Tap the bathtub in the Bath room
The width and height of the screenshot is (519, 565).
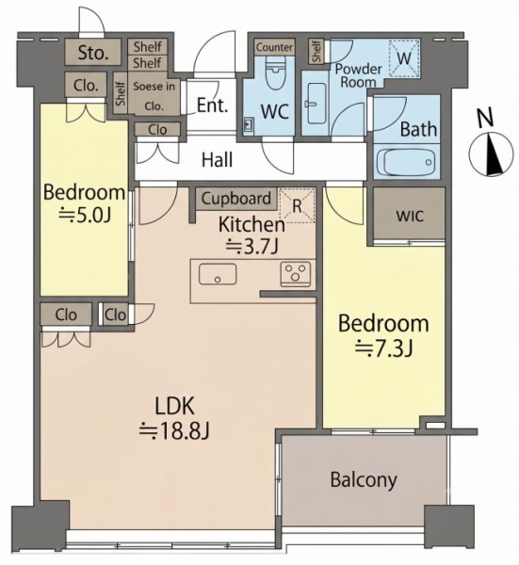pyautogui.click(x=406, y=162)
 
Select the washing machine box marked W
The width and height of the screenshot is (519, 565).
pyautogui.click(x=404, y=58)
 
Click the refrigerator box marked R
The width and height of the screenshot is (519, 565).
pyautogui.click(x=298, y=205)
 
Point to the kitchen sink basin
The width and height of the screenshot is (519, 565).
pyautogui.click(x=218, y=274)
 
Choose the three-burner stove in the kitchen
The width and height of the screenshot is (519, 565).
pyautogui.click(x=296, y=274)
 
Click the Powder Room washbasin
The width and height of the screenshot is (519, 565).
pyautogui.click(x=317, y=104)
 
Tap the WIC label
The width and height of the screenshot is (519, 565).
pyautogui.click(x=410, y=216)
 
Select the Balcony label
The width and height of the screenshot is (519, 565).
pyautogui.click(x=364, y=480)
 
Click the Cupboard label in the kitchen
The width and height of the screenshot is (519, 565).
pyautogui.click(x=236, y=199)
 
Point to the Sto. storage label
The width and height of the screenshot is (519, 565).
pyautogui.click(x=93, y=53)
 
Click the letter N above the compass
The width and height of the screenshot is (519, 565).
pyautogui.click(x=485, y=118)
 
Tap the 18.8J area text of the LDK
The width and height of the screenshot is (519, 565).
pyautogui.click(x=174, y=430)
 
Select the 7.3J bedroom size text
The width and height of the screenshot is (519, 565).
pyautogui.click(x=384, y=348)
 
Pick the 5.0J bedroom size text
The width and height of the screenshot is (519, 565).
pyautogui.click(x=85, y=215)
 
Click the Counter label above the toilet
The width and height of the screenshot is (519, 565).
pyautogui.click(x=274, y=47)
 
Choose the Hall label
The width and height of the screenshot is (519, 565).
pyautogui.click(x=217, y=160)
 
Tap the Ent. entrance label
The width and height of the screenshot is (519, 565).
pyautogui.click(x=213, y=105)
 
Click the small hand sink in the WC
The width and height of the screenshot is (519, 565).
pyautogui.click(x=249, y=124)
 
